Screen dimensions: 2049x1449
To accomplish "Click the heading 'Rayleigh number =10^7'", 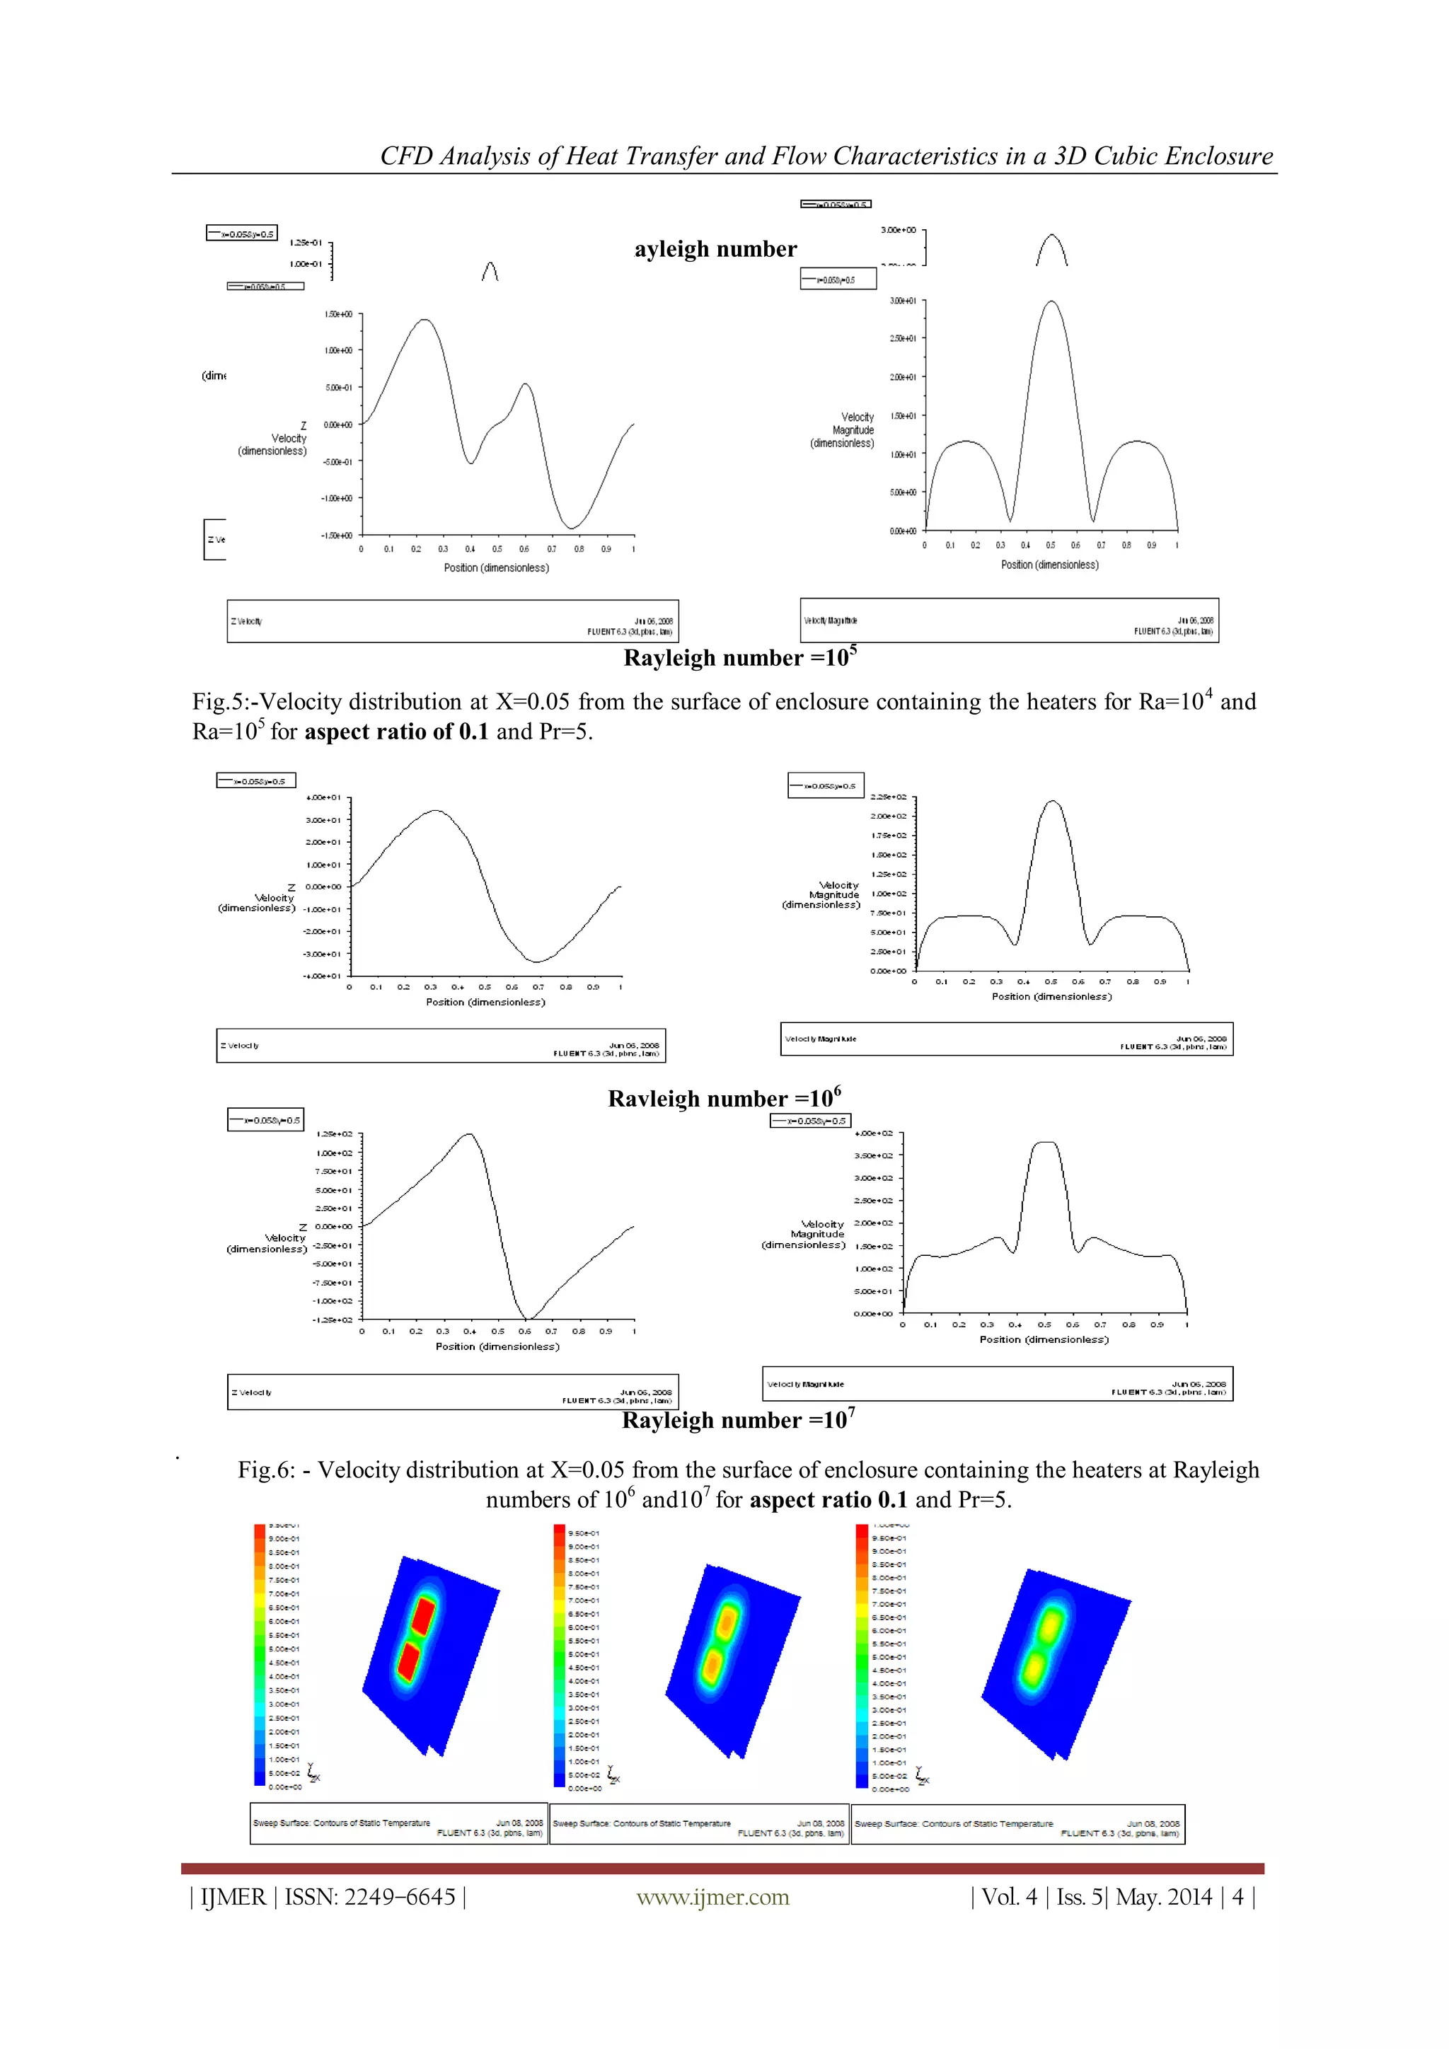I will tap(738, 1420).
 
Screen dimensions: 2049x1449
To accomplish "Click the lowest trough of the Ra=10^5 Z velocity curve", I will tap(571, 527).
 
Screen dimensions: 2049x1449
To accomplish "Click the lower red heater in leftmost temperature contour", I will tap(409, 1662).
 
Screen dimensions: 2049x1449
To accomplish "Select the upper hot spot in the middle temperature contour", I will tap(727, 1619).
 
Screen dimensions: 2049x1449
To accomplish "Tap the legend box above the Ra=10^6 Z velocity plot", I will tap(255, 781).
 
